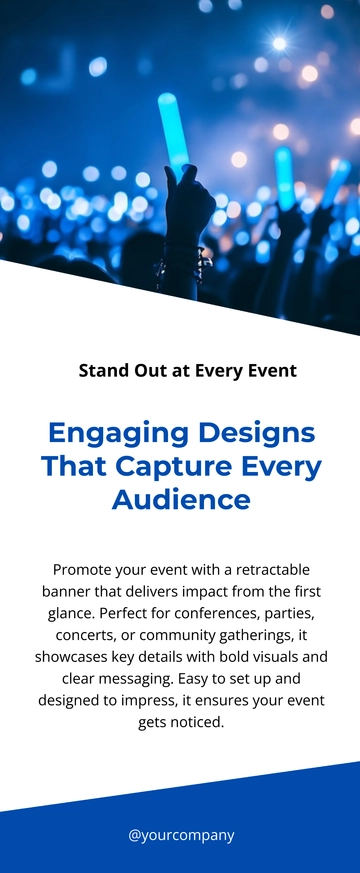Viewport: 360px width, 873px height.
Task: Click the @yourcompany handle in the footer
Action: click(181, 836)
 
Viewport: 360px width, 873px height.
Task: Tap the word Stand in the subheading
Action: click(104, 370)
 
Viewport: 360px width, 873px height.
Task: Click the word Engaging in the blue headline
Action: click(119, 434)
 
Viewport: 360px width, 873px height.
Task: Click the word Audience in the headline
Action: click(181, 499)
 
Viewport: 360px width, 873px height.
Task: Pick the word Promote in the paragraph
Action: click(82, 570)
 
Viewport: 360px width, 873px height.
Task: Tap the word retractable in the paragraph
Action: click(273, 570)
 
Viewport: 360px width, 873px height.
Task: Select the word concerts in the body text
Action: click(82, 635)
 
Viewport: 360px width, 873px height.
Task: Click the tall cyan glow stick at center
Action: click(172, 130)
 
